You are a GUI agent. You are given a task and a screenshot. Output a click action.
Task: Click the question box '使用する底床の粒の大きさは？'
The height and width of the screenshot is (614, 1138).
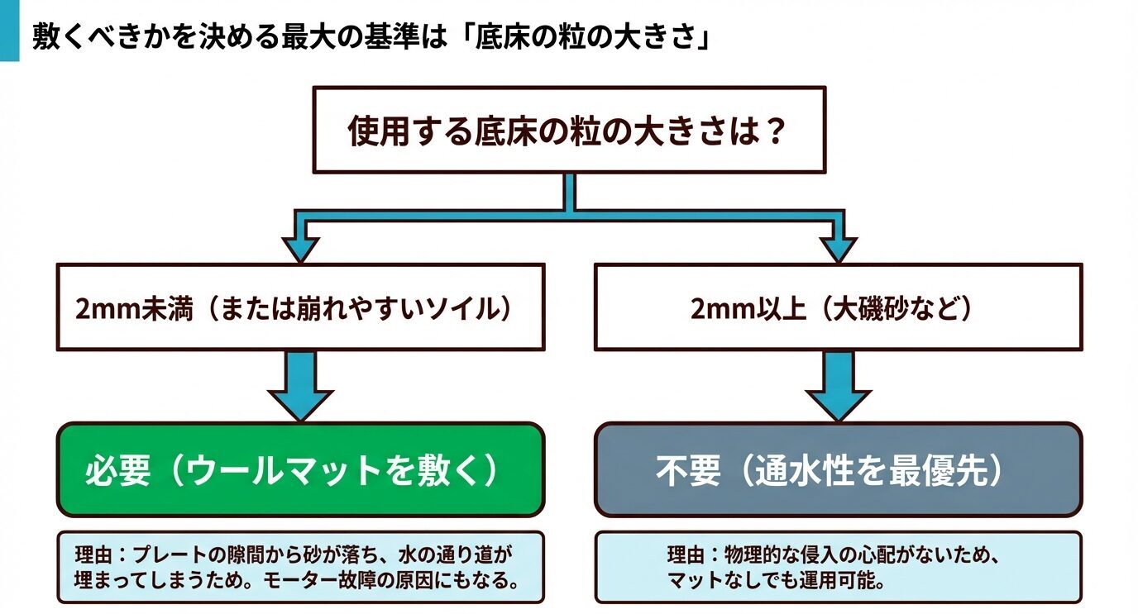(568, 130)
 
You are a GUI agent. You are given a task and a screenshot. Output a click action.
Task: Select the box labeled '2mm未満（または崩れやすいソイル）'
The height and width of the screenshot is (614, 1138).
(300, 307)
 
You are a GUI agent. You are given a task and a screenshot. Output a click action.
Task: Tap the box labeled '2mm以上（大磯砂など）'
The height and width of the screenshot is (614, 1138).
(838, 307)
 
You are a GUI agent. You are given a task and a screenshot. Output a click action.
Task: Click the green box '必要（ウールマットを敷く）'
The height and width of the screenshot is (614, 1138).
(300, 470)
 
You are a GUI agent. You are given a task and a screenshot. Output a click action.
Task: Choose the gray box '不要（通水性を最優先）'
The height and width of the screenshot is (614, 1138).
(838, 470)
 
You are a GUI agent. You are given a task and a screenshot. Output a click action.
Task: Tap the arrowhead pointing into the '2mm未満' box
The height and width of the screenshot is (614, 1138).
(300, 248)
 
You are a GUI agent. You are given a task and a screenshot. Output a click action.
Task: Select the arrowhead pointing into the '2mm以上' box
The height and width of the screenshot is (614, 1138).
(838, 248)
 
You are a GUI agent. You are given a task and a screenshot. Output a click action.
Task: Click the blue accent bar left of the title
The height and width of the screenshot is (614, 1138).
(9, 31)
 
